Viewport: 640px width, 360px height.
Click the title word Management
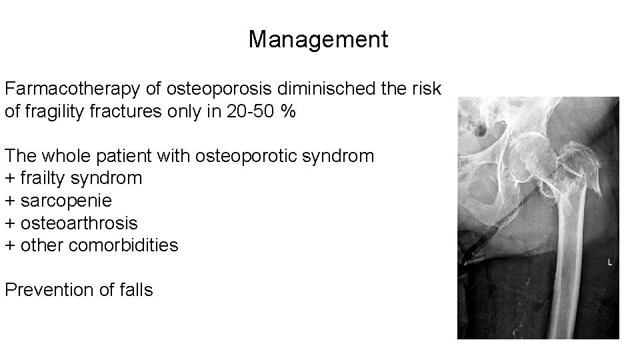click(x=318, y=40)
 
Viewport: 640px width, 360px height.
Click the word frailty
click(x=44, y=179)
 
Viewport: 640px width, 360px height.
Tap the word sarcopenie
click(x=66, y=201)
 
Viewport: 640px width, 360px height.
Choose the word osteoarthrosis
click(x=79, y=223)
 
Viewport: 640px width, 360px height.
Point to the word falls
click(x=136, y=290)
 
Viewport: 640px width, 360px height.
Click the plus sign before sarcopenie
click(x=10, y=201)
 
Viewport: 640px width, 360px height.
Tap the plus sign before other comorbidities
click(x=10, y=246)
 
